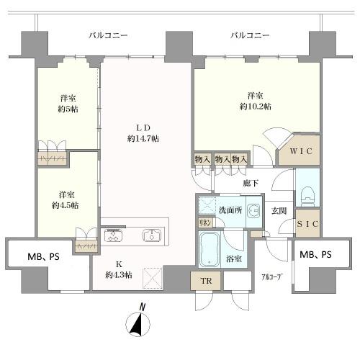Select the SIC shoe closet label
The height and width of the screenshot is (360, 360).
(307, 225)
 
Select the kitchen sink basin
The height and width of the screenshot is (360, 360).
(152, 235)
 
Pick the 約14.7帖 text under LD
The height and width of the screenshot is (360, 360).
(143, 137)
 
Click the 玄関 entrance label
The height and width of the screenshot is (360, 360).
(279, 211)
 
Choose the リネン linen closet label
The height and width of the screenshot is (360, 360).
(204, 224)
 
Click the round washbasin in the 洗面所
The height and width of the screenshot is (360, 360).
(253, 211)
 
